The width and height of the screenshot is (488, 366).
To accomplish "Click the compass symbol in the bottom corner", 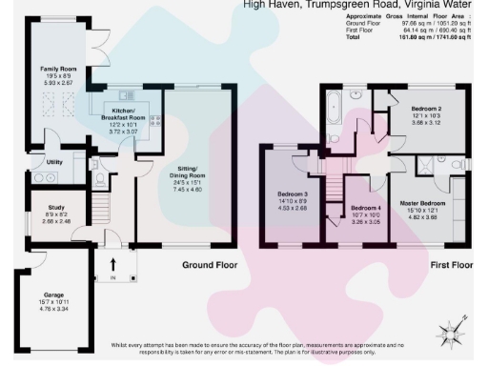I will [x=447, y=333].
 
